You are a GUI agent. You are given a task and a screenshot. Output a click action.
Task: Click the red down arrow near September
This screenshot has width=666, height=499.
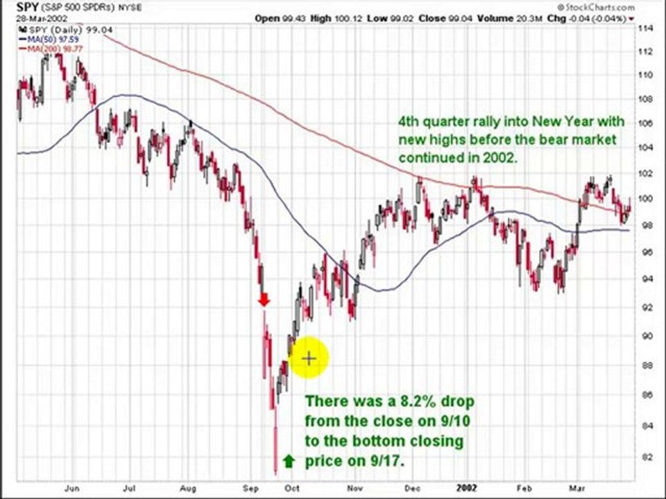(264, 299)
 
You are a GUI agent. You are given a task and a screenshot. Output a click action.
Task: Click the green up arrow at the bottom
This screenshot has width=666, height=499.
(289, 460)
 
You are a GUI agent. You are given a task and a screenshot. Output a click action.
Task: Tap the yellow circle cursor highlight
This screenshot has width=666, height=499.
(308, 358)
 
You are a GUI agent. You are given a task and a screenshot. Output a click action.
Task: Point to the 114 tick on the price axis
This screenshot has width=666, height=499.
(646, 28)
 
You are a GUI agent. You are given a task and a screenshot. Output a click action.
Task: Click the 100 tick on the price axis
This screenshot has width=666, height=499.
(646, 199)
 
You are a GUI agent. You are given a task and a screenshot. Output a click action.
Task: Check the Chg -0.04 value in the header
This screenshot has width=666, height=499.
(588, 18)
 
